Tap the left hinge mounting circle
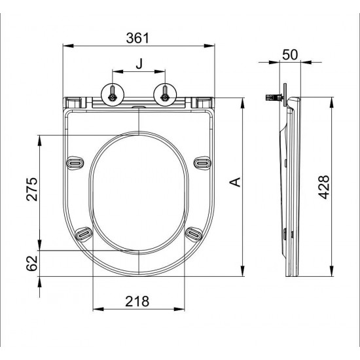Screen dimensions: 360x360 click(x=113, y=96)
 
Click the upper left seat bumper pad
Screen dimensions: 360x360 click(x=76, y=161)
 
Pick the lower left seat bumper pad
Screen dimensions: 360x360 click(x=84, y=232)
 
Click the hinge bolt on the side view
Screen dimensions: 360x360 click(x=270, y=98)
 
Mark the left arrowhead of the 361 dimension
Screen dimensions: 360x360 click(x=65, y=46)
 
